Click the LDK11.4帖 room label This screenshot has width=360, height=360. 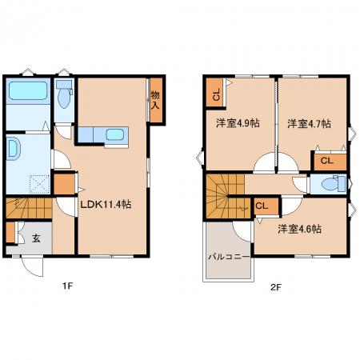click(x=106, y=205)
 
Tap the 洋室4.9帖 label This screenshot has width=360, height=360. click(x=238, y=123)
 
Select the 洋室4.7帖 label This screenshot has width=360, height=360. click(x=310, y=124)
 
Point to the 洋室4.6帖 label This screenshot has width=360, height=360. click(x=299, y=229)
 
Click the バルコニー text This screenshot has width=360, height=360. click(x=230, y=257)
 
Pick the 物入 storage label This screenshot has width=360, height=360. click(x=155, y=100)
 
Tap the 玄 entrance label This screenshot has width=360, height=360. click(x=36, y=238)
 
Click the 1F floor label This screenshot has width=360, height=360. click(x=68, y=286)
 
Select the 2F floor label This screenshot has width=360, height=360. click(x=276, y=287)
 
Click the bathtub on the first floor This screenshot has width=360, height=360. click(x=28, y=90)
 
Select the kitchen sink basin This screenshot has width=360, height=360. click(x=115, y=134)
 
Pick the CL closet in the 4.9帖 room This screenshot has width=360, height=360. click(x=216, y=94)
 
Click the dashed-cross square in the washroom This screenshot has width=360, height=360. click(x=39, y=184)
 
